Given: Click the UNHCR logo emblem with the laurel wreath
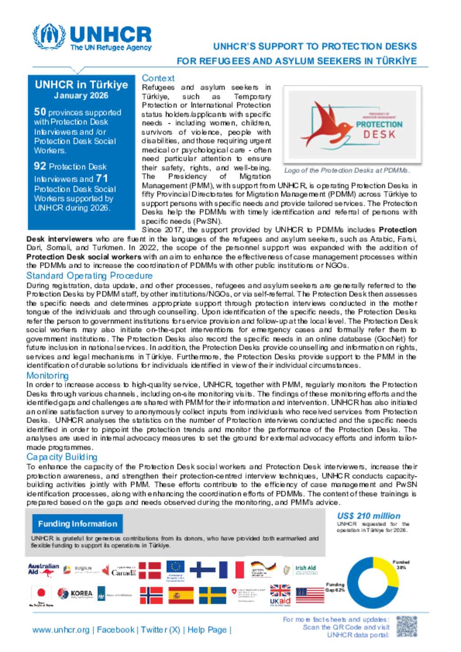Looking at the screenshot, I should point(49,36).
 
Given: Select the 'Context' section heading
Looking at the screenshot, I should point(158,78).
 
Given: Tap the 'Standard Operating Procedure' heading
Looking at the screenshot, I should point(89,276).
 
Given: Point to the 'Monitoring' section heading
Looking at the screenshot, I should point(47,376).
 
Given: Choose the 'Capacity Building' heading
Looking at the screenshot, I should point(62,457).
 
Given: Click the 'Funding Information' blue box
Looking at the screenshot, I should point(77,524).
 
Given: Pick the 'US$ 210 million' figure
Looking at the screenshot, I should point(369,516).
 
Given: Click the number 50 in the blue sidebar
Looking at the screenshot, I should point(40,112).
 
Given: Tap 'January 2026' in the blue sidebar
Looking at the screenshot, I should point(81,95).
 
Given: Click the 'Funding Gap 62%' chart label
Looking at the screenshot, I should point(335,587).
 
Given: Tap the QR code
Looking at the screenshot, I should point(407,627).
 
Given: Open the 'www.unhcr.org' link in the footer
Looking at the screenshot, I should point(61,630).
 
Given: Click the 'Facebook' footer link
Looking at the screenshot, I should point(116,630).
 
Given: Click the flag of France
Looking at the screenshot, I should point(231,570).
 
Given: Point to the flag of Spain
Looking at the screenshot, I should point(181,595).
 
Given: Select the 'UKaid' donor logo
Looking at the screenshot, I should point(280,596).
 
